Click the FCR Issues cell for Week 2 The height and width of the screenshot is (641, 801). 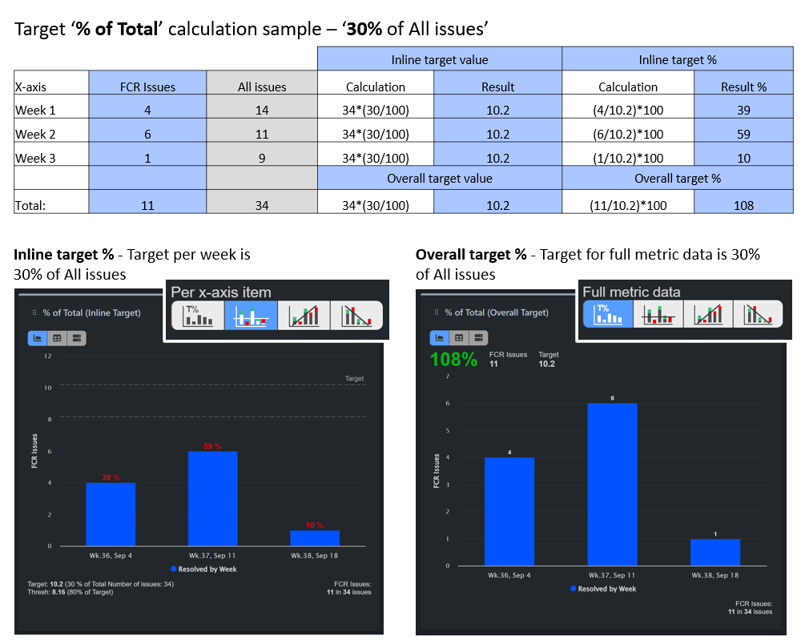tap(147, 134)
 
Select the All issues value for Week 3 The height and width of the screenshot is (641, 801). tap(262, 158)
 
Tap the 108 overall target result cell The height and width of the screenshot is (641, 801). tap(743, 205)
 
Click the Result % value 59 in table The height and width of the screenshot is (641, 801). tap(743, 134)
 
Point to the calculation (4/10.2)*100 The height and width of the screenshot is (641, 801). tap(627, 111)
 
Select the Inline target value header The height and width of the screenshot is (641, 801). tap(440, 59)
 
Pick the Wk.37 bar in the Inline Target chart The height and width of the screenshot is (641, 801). tap(213, 498)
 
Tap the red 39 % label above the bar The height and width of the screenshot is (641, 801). tap(111, 478)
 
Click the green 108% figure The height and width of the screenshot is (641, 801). tap(453, 360)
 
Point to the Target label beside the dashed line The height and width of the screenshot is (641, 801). tap(354, 378)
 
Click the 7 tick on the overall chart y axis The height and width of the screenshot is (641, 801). tap(448, 376)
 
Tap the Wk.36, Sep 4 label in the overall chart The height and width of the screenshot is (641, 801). tap(509, 575)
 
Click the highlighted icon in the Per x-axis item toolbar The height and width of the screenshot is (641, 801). tap(251, 316)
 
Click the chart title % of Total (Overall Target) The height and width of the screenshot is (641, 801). tap(497, 312)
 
